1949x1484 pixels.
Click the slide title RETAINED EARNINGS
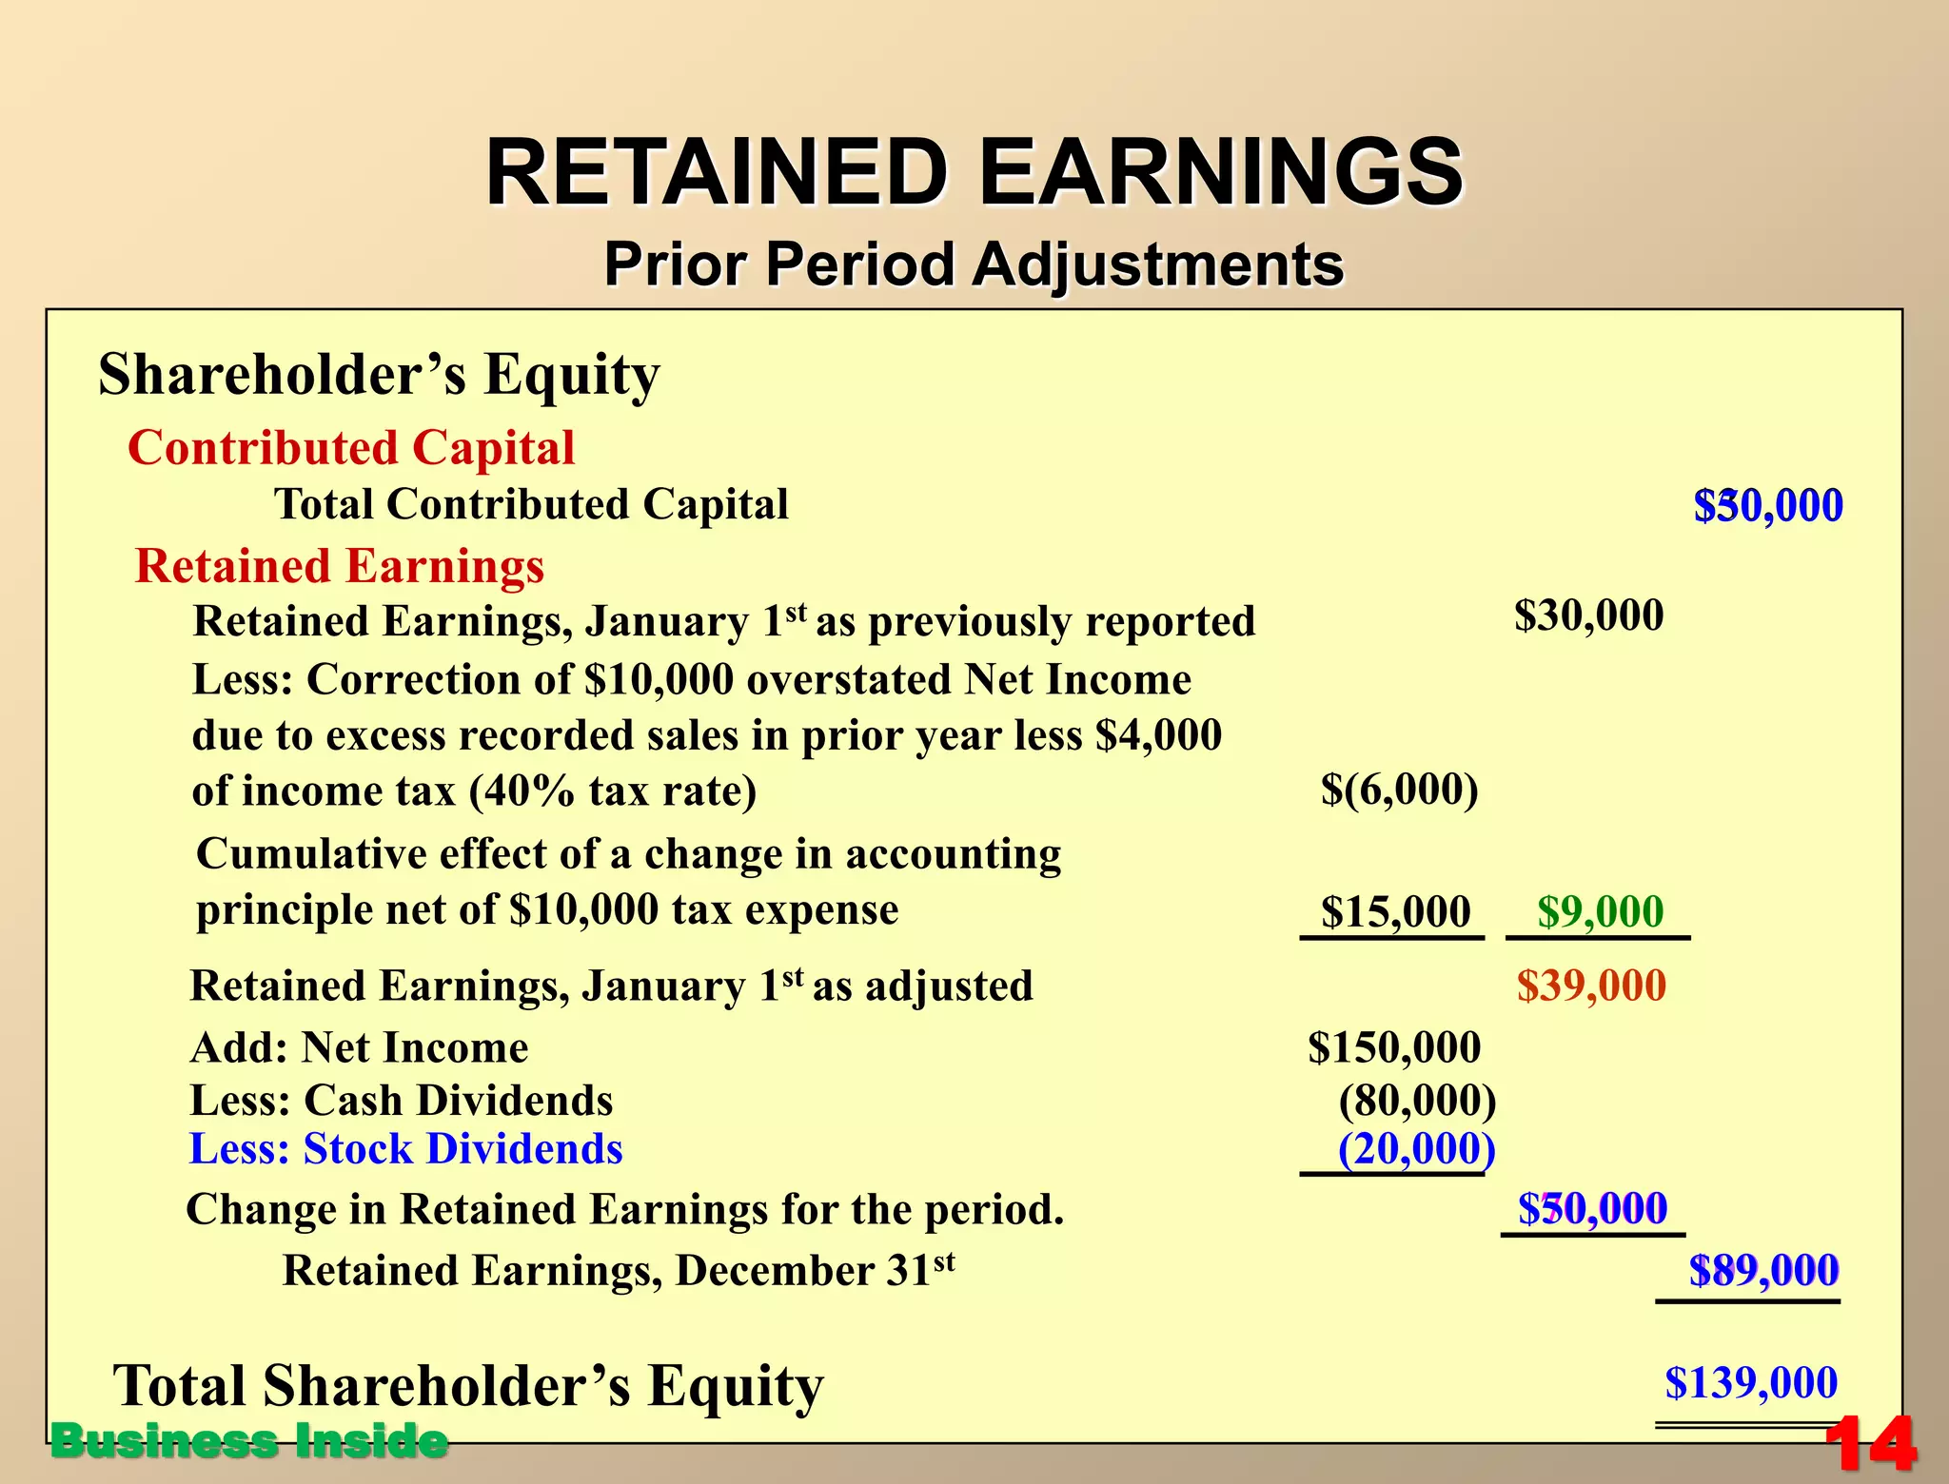pyautogui.click(x=974, y=172)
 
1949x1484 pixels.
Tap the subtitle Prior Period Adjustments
pyautogui.click(x=974, y=264)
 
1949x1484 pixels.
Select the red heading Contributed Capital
pyautogui.click(x=351, y=447)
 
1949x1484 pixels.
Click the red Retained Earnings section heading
pyautogui.click(x=340, y=566)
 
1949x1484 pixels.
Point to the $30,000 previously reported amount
pyautogui.click(x=1588, y=615)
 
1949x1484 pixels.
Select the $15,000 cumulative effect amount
pyautogui.click(x=1395, y=911)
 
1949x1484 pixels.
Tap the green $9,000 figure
pyautogui.click(x=1600, y=911)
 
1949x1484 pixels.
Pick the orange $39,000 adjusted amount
pyautogui.click(x=1591, y=986)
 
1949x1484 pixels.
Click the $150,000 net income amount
pyautogui.click(x=1394, y=1047)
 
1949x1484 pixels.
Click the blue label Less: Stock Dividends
pyautogui.click(x=406, y=1149)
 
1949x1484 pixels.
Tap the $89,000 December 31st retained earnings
pyautogui.click(x=1763, y=1271)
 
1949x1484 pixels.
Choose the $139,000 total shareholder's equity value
pyautogui.click(x=1751, y=1382)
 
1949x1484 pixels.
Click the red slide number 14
pyautogui.click(x=1870, y=1444)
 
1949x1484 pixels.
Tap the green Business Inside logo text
pyautogui.click(x=249, y=1441)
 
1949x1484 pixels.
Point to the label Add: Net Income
pyautogui.click(x=360, y=1048)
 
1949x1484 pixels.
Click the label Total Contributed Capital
pyautogui.click(x=531, y=504)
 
